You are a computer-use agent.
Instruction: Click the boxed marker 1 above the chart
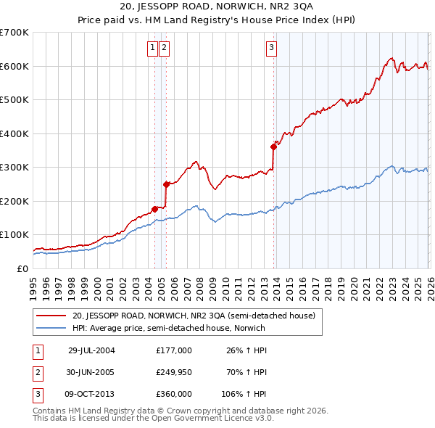coord(153,49)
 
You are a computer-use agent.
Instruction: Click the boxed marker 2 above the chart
coord(165,49)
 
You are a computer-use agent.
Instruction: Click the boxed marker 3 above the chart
coord(271,49)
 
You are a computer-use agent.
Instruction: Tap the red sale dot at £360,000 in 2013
coord(273,147)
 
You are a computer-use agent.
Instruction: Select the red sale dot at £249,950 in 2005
coord(166,184)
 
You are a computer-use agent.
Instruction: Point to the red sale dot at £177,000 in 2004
coord(154,208)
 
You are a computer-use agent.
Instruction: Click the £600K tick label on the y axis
coord(14,66)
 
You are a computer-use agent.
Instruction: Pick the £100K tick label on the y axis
coord(14,235)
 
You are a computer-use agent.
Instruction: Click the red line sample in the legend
coord(52,316)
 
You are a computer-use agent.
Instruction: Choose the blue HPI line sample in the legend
coord(52,328)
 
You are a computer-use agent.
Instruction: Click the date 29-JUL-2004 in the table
coord(91,350)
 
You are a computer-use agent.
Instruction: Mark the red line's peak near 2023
coord(391,58)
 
